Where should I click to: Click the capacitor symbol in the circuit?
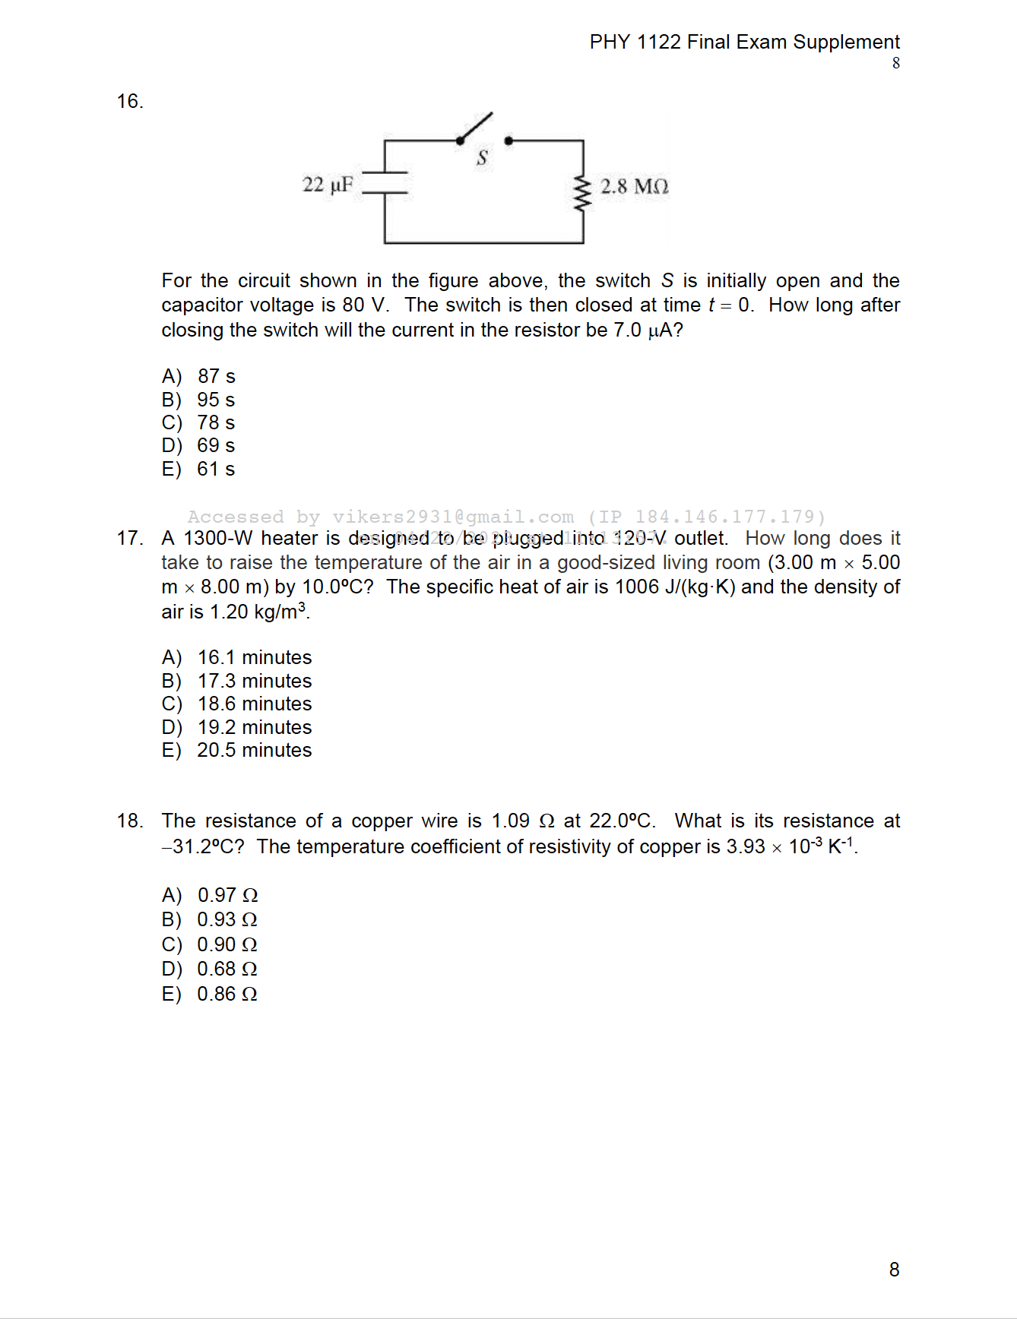[x=385, y=183]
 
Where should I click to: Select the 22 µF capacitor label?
[x=328, y=185]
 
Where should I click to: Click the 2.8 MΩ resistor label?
[x=634, y=187]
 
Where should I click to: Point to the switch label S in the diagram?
[x=482, y=158]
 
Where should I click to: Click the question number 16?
[x=130, y=102]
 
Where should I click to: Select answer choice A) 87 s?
[x=199, y=376]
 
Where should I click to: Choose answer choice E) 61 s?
[x=198, y=469]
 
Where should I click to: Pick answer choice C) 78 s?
[x=198, y=422]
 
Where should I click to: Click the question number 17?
[x=130, y=539]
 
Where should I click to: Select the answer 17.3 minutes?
[x=254, y=681]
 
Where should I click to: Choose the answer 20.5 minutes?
[x=254, y=750]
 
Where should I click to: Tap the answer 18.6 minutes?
[x=254, y=704]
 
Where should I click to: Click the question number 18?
[x=130, y=821]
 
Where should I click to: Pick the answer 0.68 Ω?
[x=227, y=969]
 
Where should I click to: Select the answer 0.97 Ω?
[x=227, y=895]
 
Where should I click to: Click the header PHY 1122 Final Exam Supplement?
[x=744, y=42]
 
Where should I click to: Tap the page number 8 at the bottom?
[x=894, y=1270]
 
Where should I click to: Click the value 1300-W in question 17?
[x=219, y=539]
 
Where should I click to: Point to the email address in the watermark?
[x=453, y=517]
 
